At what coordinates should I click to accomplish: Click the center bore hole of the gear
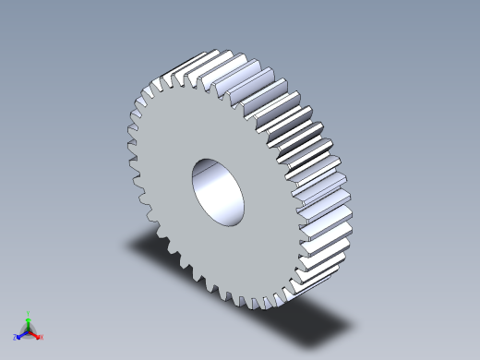click(x=220, y=190)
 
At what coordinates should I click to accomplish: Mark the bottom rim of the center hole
click(x=227, y=222)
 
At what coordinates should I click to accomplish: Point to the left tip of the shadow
click(x=126, y=244)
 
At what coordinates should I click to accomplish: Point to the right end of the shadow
click(x=351, y=323)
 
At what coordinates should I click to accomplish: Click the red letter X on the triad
click(x=42, y=337)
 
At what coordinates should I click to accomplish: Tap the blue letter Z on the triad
click(x=15, y=338)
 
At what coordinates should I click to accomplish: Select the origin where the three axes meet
click(x=29, y=330)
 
